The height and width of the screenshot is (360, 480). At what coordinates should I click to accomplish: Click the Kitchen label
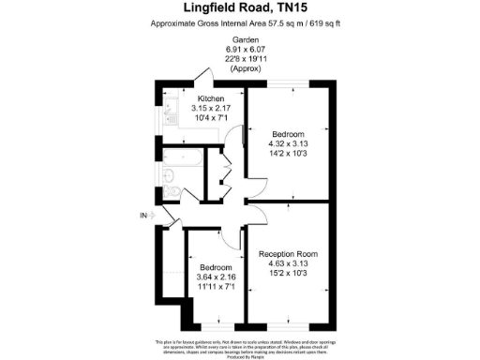click(210, 97)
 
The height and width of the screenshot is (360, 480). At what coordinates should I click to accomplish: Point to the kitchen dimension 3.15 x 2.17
click(210, 107)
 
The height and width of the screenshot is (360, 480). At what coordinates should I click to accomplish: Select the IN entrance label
click(143, 217)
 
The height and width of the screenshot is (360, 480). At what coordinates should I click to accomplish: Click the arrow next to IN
click(156, 217)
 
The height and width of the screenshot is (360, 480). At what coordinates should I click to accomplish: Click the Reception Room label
click(288, 254)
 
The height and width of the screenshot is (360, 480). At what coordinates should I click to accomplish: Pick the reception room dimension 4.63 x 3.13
click(288, 263)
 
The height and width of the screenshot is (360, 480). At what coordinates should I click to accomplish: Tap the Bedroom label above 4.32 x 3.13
click(288, 135)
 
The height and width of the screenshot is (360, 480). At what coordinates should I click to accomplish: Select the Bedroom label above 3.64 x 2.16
click(217, 266)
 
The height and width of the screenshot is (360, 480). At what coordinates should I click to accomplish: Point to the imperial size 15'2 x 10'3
click(288, 274)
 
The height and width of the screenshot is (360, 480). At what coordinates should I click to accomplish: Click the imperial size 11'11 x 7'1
click(217, 286)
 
